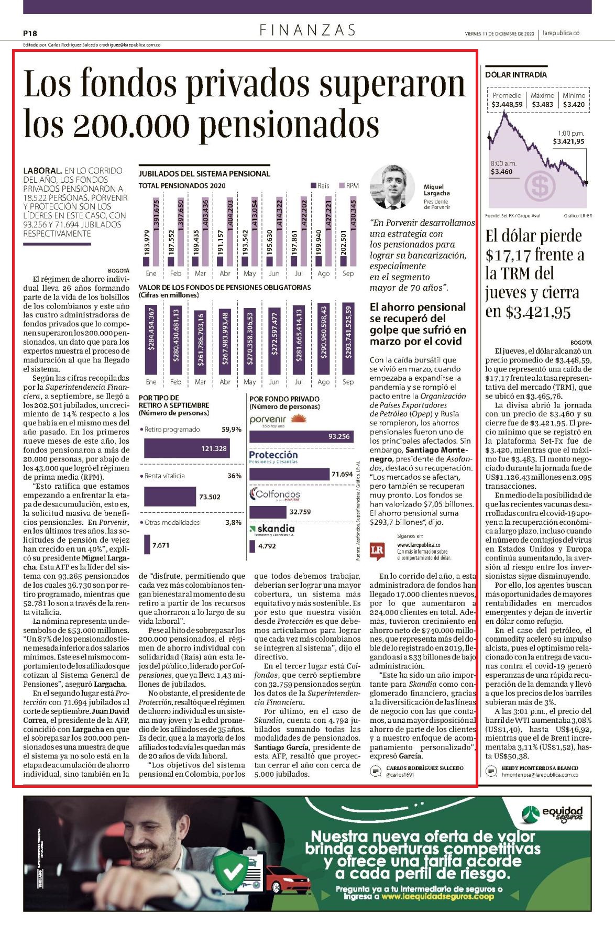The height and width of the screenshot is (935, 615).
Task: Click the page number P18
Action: (30, 33)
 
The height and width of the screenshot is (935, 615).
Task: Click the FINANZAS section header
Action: (307, 30)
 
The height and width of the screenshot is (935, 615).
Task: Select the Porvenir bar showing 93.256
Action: (302, 436)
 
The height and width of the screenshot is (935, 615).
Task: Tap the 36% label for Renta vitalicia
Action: (234, 476)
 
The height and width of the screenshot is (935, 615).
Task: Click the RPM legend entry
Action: (348, 185)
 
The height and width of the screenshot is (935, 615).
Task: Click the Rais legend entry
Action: (320, 185)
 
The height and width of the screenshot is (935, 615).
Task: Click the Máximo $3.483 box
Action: (542, 100)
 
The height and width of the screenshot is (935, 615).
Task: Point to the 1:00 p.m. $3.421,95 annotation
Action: (569, 137)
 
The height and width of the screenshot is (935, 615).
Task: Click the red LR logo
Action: (377, 550)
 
